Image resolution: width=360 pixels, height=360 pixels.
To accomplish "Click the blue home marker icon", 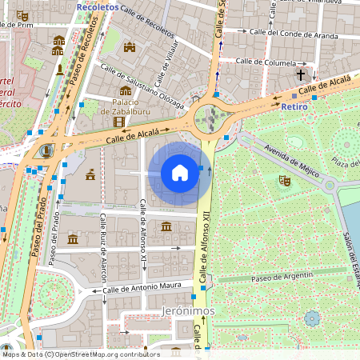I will (180, 172).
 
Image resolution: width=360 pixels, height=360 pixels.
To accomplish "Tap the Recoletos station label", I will (97, 6).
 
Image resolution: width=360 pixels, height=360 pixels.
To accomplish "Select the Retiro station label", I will (294, 106).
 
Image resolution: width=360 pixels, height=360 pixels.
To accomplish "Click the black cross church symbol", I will (302, 75).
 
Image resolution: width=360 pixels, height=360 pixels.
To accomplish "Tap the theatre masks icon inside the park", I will (283, 182).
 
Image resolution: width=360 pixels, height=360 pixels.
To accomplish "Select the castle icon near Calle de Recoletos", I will (130, 48).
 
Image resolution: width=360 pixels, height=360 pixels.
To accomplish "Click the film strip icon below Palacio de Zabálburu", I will (119, 122).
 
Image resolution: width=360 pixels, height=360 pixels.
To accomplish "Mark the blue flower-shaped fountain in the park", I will (312, 318).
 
